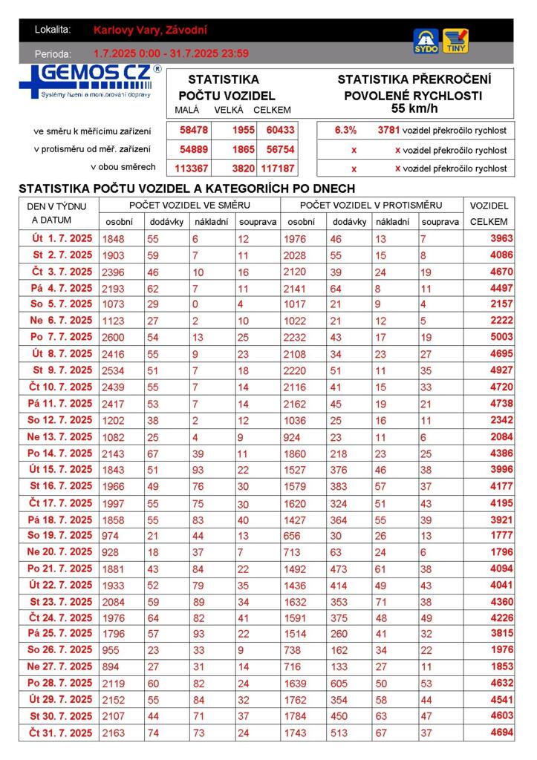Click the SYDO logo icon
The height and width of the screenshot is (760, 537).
click(426, 41)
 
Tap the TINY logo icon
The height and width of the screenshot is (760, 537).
click(455, 41)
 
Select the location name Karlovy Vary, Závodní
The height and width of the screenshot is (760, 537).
click(151, 30)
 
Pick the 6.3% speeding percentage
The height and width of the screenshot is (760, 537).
click(345, 130)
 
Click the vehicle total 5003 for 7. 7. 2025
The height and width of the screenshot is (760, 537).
click(501, 337)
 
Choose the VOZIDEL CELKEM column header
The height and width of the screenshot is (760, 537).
click(489, 214)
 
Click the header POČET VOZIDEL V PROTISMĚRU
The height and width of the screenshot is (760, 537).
click(371, 205)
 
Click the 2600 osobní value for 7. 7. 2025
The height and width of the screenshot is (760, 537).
click(114, 337)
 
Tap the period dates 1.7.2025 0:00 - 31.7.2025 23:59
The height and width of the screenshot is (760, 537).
click(171, 53)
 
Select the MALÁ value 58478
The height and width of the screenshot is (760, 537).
click(194, 130)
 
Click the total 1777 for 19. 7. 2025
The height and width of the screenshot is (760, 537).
click(501, 535)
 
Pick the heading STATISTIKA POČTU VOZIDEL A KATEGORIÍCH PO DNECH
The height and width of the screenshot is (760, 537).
click(186, 189)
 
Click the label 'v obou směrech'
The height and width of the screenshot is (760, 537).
click(123, 167)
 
